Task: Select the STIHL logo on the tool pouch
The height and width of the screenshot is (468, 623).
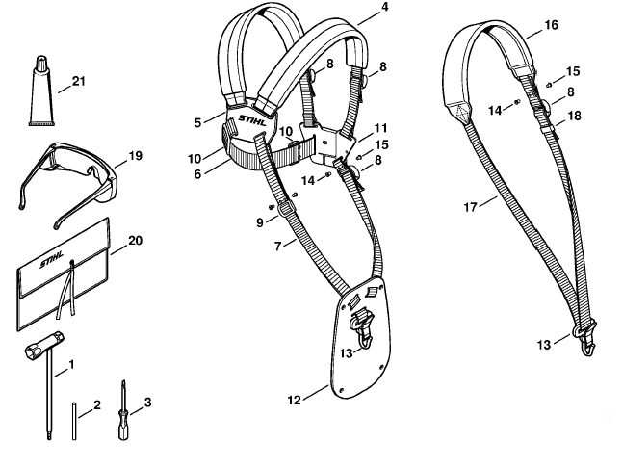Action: [51, 259]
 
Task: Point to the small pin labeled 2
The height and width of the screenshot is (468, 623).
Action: [74, 421]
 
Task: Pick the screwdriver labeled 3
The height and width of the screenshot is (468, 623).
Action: [123, 413]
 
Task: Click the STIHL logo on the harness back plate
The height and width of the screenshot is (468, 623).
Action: [252, 120]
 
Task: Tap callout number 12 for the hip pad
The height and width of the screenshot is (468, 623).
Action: [294, 400]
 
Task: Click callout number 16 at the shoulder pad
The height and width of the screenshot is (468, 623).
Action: [551, 25]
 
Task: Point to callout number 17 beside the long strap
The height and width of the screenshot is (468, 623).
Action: [471, 207]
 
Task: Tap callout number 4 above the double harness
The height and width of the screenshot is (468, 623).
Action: [384, 7]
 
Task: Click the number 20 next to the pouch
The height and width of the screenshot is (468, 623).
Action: [135, 241]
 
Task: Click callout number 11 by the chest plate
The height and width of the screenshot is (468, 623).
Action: [380, 128]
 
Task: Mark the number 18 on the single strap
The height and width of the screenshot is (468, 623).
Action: [575, 116]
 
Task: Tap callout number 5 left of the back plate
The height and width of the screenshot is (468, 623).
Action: [197, 122]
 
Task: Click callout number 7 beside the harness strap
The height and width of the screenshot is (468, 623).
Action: [277, 246]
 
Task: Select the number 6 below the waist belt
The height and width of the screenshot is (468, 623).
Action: [197, 174]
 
